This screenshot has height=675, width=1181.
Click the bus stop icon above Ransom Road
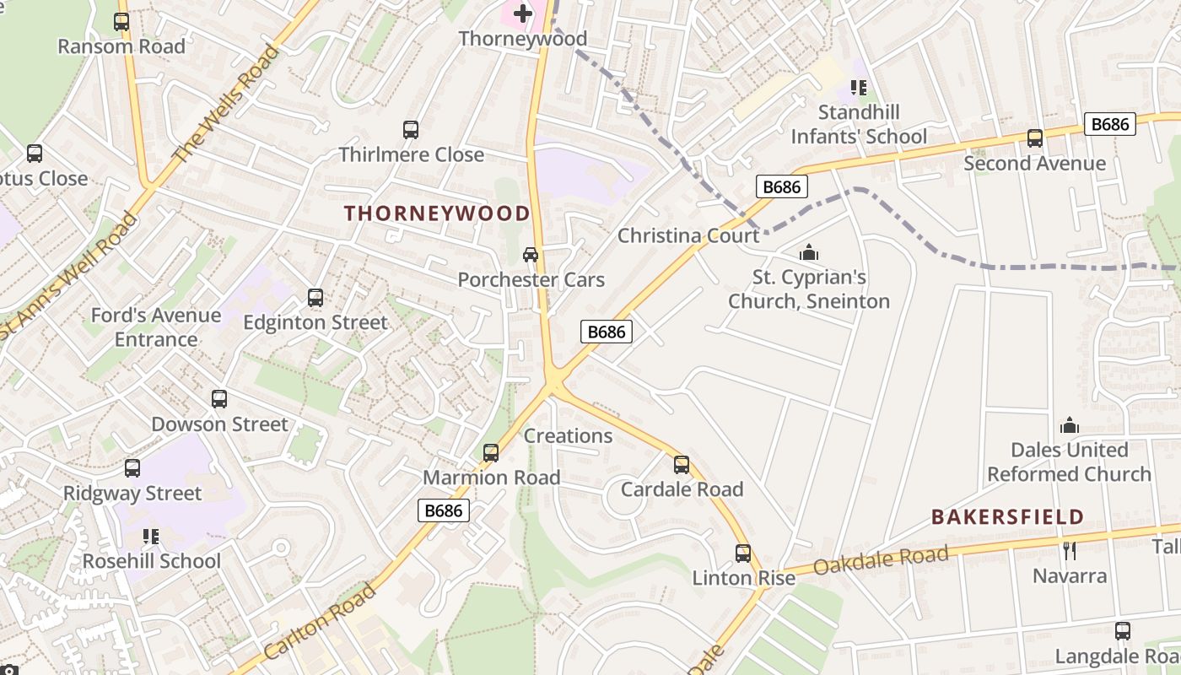click(121, 22)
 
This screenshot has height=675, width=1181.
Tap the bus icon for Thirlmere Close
click(411, 130)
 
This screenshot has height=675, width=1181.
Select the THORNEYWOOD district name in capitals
click(437, 213)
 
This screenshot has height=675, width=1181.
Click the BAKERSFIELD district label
click(1007, 516)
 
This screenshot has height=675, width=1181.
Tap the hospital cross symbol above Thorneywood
click(523, 13)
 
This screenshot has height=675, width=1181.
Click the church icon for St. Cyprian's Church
click(809, 252)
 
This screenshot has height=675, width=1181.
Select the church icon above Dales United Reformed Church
click(1070, 425)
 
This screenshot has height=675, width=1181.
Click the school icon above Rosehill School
click(151, 537)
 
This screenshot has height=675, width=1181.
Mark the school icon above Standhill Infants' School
click(859, 88)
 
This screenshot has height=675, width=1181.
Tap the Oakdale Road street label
click(882, 560)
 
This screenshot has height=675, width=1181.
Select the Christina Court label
click(688, 235)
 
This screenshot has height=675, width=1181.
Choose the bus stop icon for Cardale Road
click(682, 465)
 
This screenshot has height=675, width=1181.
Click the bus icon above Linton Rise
click(743, 553)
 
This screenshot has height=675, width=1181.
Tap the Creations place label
click(568, 436)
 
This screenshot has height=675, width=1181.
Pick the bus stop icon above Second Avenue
click(1035, 138)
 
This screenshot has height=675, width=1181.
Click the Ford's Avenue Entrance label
click(156, 327)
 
